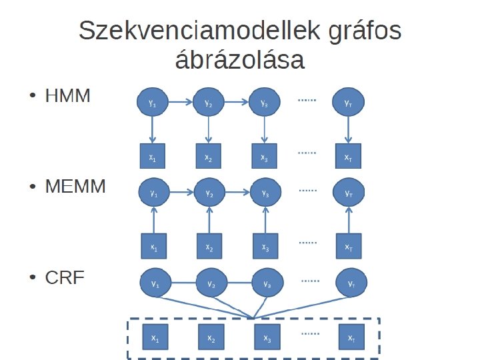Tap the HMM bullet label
[67, 97]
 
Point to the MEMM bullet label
[75, 187]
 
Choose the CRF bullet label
[65, 277]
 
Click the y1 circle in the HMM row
[153, 103]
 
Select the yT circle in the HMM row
[348, 103]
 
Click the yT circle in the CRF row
[351, 284]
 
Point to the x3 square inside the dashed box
[266, 337]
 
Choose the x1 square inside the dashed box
[155, 337]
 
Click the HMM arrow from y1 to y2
[181, 103]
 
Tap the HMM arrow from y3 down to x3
[265, 131]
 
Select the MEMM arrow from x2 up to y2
[209, 220]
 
